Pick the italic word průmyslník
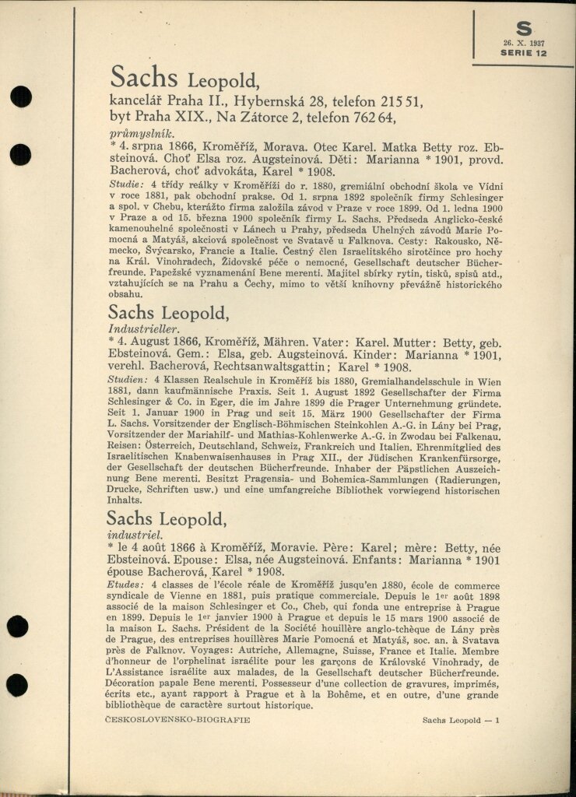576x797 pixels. click(x=141, y=134)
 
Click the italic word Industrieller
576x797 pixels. click(x=143, y=330)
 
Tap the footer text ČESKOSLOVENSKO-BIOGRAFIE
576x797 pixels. click(x=178, y=720)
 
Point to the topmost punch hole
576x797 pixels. click(x=20, y=97)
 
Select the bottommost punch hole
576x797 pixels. click(x=18, y=685)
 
